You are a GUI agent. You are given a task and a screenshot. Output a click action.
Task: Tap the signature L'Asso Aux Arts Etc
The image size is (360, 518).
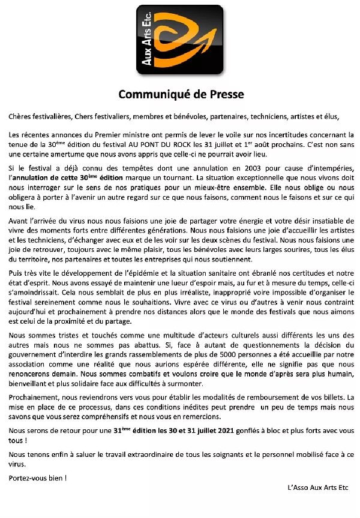[x=318, y=487]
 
